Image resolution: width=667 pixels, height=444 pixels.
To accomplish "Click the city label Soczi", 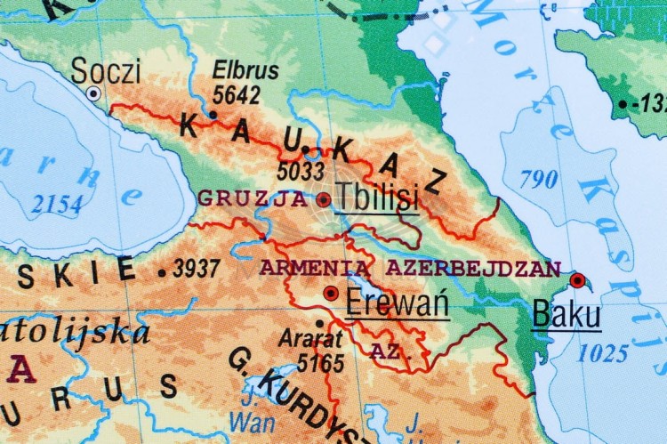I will (x=106, y=70).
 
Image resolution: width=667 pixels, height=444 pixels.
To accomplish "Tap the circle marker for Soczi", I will (x=93, y=93).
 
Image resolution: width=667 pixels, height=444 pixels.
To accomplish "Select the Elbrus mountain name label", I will (x=246, y=70).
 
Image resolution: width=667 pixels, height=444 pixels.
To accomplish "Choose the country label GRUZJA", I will (x=253, y=198).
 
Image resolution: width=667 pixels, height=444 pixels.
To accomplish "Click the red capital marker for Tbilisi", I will (x=323, y=199).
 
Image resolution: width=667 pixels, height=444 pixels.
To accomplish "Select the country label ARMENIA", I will (x=317, y=267).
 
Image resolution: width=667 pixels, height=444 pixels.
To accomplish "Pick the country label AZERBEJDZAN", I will (x=472, y=267).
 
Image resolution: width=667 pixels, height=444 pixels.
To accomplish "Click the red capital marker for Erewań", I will (x=331, y=293).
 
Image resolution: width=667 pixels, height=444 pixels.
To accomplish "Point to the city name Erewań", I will (x=397, y=303).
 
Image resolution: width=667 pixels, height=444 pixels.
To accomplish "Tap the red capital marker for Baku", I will (x=577, y=281).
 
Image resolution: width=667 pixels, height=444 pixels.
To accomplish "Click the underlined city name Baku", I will (x=566, y=315).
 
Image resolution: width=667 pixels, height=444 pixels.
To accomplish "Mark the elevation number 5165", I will (x=320, y=362).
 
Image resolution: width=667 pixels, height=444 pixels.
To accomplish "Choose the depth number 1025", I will (x=603, y=354).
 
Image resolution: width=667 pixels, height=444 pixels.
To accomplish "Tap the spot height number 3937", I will (x=196, y=269).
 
